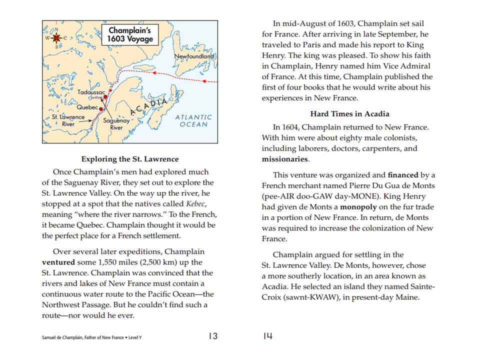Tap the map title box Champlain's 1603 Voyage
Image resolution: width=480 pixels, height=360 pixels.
click(x=131, y=34)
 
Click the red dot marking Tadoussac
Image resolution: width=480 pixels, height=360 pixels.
click(x=105, y=97)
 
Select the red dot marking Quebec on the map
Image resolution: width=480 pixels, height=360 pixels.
click(x=101, y=108)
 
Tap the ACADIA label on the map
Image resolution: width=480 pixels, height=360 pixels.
click(x=148, y=107)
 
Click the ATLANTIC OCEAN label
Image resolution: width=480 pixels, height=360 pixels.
click(x=193, y=120)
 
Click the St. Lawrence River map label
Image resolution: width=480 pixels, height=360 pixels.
click(x=68, y=120)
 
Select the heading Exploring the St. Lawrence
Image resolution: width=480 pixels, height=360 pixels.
click(x=129, y=159)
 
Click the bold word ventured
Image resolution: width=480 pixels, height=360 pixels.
click(x=58, y=262)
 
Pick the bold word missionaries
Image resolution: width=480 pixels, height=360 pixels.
click(x=285, y=159)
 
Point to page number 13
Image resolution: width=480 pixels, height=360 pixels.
click(x=213, y=336)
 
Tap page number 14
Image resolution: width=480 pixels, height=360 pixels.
click(x=267, y=336)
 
